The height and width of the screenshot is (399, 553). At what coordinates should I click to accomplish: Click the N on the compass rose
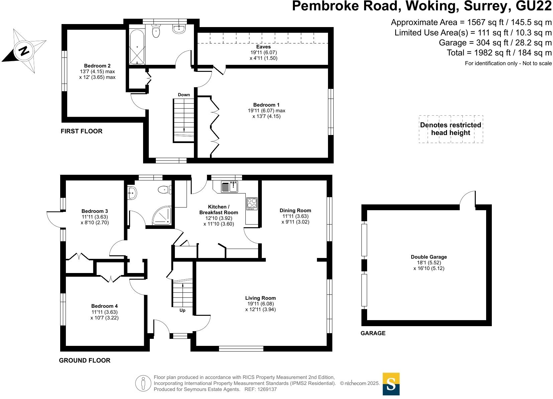[24, 51]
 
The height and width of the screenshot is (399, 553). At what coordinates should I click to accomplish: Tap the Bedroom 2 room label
[97, 65]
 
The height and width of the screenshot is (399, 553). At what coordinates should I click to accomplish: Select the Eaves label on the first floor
[263, 47]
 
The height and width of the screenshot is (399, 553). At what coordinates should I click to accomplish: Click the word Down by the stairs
[184, 95]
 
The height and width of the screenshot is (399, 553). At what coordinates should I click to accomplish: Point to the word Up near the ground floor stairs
[183, 310]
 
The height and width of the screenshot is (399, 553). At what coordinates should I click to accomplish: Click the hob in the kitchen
[252, 204]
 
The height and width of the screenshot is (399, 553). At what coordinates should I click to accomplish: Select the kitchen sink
[230, 186]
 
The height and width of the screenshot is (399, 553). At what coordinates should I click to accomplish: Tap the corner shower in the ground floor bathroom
[162, 216]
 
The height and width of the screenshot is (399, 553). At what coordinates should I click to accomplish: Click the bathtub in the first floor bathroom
[137, 47]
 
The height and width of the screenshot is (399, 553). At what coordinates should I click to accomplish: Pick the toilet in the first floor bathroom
[156, 31]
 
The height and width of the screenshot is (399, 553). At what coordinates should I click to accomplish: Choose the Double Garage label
[429, 257]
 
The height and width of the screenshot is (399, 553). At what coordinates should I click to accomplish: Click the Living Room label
[260, 298]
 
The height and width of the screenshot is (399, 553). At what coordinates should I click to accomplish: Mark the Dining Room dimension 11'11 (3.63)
[296, 216]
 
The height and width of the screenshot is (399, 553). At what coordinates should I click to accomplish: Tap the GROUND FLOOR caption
[85, 360]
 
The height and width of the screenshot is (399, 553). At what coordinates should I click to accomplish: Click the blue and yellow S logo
[391, 384]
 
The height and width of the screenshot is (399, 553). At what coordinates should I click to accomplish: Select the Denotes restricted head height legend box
[451, 129]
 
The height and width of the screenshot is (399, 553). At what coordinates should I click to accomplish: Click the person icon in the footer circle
[143, 383]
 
